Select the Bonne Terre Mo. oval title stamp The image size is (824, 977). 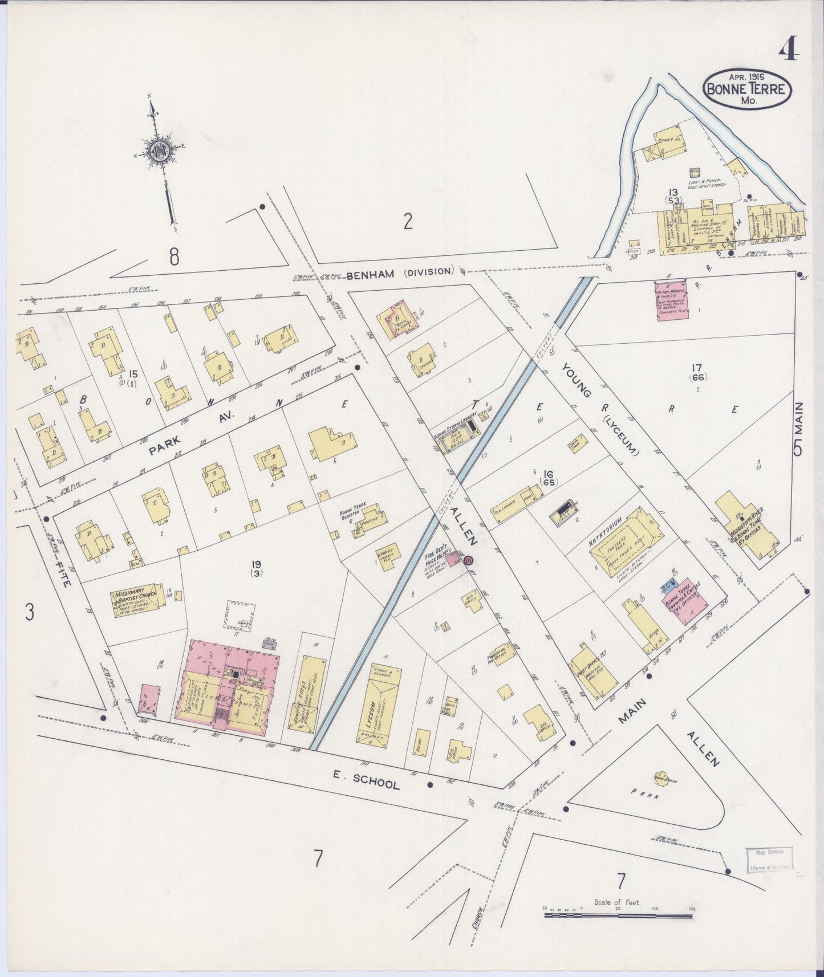(746, 89)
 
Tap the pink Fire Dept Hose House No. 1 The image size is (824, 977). (454, 558)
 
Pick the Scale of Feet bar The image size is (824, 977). (618, 916)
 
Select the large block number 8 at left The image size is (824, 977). (174, 257)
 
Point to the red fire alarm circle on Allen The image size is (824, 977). (469, 561)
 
